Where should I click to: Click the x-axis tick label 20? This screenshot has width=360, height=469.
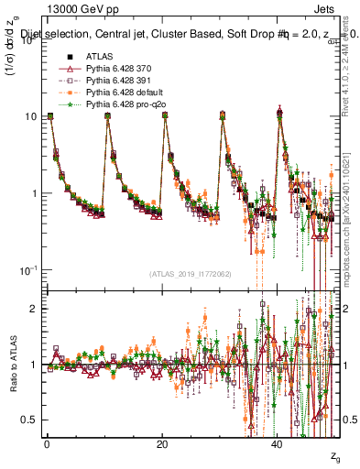coord(162,444)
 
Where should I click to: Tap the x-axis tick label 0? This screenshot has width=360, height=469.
coord(47,444)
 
